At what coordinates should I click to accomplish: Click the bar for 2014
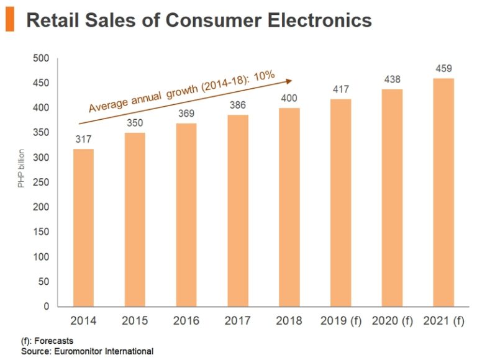coord(83,228)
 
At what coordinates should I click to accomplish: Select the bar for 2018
coord(289,207)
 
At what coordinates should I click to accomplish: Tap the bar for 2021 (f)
coord(443,192)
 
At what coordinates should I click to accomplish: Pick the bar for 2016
coord(186,215)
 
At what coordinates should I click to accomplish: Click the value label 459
coord(443,68)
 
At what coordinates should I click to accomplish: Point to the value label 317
coord(84,139)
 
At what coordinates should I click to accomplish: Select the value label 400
coord(289,98)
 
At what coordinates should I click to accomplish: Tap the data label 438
coord(392,79)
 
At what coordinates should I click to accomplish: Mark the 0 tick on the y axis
coord(46,307)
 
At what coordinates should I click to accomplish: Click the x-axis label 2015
coord(135,321)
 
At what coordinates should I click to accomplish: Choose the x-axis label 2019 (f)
coord(340,321)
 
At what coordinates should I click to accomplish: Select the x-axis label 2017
coord(238,321)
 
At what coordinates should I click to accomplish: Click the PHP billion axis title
coord(20,168)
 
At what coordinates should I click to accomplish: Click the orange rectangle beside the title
coord(9,20)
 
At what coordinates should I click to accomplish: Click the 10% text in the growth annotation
coord(263,76)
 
